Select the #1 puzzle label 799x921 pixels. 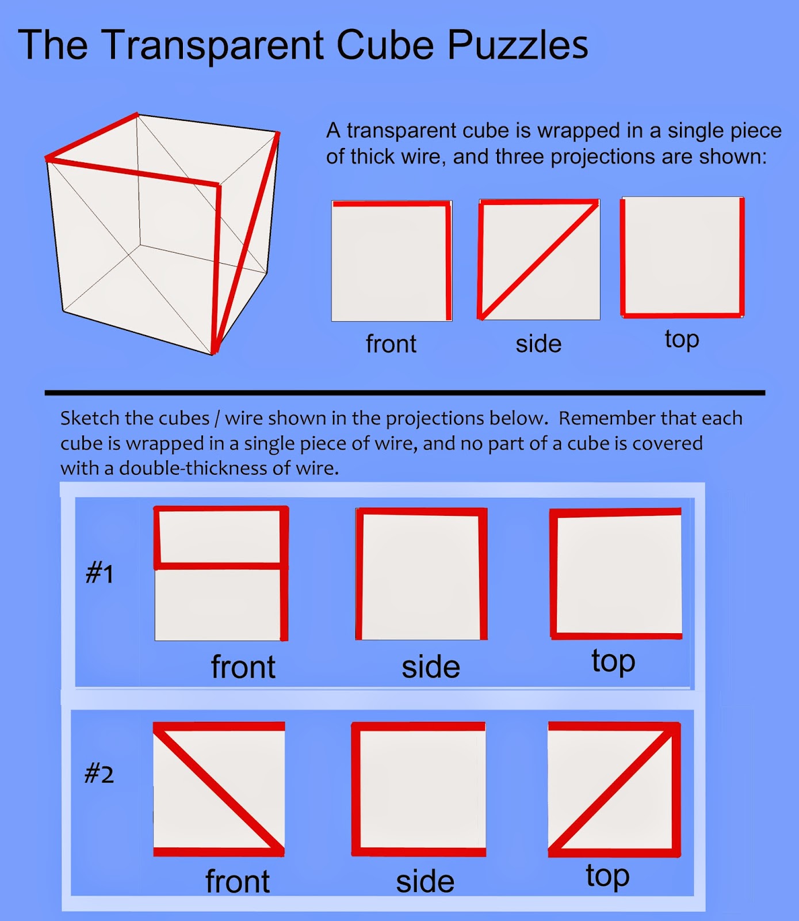100,574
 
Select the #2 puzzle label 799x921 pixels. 99,774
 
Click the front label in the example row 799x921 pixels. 391,344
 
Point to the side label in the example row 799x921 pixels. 538,344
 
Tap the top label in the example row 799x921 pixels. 682,340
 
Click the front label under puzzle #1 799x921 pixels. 243,667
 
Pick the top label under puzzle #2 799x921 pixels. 607,877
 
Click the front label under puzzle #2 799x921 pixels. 238,881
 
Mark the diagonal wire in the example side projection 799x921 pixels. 538,260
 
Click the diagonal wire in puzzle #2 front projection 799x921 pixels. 219,789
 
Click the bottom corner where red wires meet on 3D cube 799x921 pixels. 215,349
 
